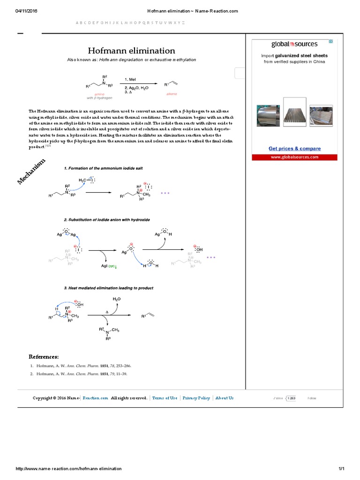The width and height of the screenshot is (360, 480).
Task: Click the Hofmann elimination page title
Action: click(132, 51)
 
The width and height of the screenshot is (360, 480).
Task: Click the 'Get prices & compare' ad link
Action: click(294, 149)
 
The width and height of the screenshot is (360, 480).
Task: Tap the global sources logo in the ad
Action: click(294, 44)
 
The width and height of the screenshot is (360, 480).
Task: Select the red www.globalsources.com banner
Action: click(294, 157)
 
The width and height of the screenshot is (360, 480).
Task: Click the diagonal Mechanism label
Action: click(32, 171)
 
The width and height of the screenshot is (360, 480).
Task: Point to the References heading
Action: click(44, 357)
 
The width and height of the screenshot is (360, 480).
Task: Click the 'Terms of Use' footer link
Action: click(165, 398)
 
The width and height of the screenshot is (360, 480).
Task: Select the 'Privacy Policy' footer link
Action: click(196, 398)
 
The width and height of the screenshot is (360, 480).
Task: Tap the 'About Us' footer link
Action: click(224, 398)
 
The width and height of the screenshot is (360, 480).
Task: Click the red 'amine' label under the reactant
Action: click(99, 94)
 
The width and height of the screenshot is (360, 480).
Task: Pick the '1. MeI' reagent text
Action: click(130, 79)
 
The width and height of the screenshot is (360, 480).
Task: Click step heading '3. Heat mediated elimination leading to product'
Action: click(109, 288)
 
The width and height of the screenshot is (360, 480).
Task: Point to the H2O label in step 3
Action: click(117, 299)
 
